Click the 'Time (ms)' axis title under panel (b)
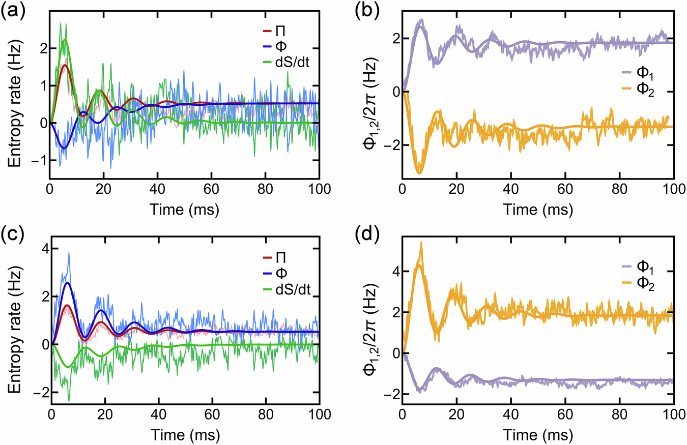[x=537, y=209]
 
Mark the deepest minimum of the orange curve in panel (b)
[x=419, y=173]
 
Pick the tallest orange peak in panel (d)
[x=421, y=243]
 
